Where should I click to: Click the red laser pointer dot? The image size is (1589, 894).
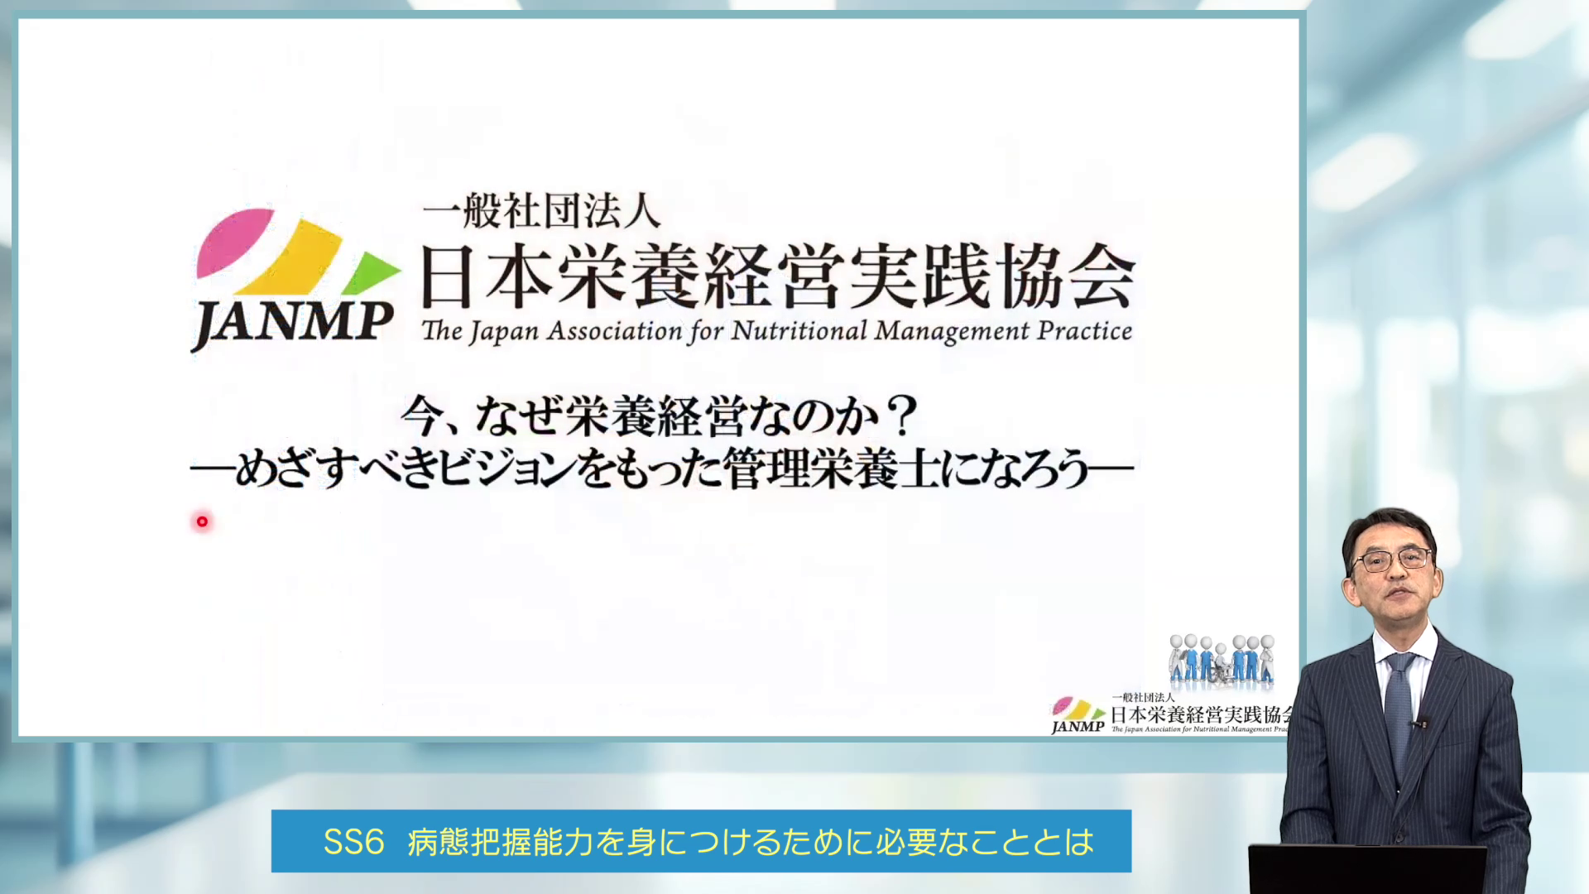(x=202, y=521)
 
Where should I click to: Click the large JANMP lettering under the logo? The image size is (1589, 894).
(x=293, y=323)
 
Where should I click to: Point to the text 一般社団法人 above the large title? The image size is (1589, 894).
(x=542, y=211)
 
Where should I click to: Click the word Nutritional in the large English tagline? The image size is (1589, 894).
(x=799, y=331)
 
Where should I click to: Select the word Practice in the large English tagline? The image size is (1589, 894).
(x=1084, y=331)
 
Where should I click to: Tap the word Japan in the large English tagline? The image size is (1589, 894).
(x=505, y=333)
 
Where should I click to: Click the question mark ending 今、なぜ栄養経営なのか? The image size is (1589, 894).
(x=900, y=416)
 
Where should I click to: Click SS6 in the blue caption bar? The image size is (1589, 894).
(x=353, y=842)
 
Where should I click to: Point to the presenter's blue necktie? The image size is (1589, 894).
(x=1399, y=704)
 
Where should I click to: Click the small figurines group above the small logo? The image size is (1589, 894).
(x=1222, y=660)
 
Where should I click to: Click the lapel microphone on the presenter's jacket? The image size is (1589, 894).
(x=1419, y=723)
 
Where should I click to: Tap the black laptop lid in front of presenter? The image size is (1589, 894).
(x=1366, y=869)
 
